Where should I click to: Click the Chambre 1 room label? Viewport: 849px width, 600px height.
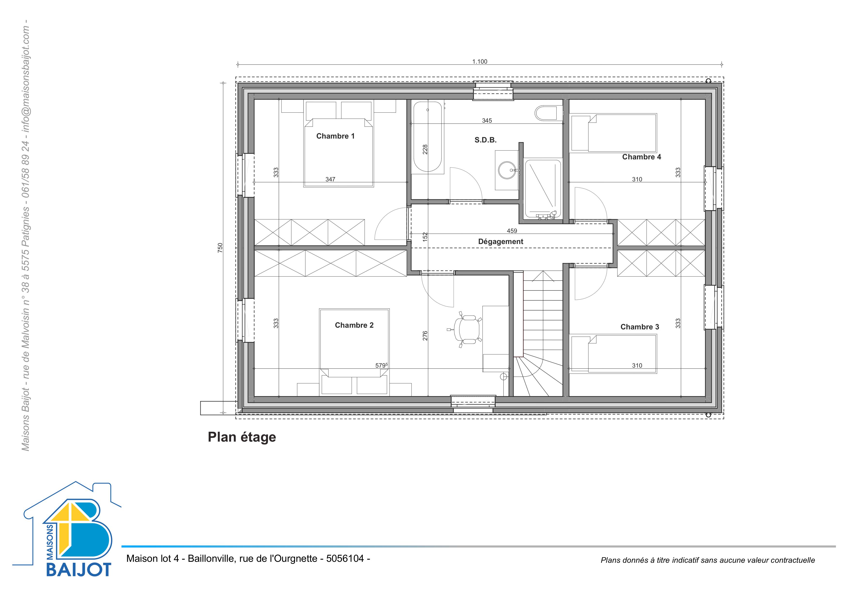click(335, 136)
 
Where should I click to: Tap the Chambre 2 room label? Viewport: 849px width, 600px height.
click(354, 325)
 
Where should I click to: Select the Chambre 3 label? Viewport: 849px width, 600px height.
click(640, 327)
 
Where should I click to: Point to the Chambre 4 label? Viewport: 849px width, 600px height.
click(642, 157)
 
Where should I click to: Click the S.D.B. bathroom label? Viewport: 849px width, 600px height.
click(485, 140)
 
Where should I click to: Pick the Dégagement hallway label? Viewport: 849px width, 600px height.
click(501, 242)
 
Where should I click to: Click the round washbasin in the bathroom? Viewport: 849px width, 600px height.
click(507, 170)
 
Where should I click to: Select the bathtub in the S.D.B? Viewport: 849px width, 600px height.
click(427, 137)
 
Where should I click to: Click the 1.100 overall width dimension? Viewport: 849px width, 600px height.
click(480, 62)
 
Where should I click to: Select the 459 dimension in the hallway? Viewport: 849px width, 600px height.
click(512, 231)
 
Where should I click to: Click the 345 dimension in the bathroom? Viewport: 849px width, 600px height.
click(487, 120)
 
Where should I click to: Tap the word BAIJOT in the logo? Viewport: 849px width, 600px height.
click(79, 569)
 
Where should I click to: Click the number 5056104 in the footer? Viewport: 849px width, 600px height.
click(345, 558)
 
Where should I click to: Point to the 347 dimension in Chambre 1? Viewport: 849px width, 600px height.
click(330, 179)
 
